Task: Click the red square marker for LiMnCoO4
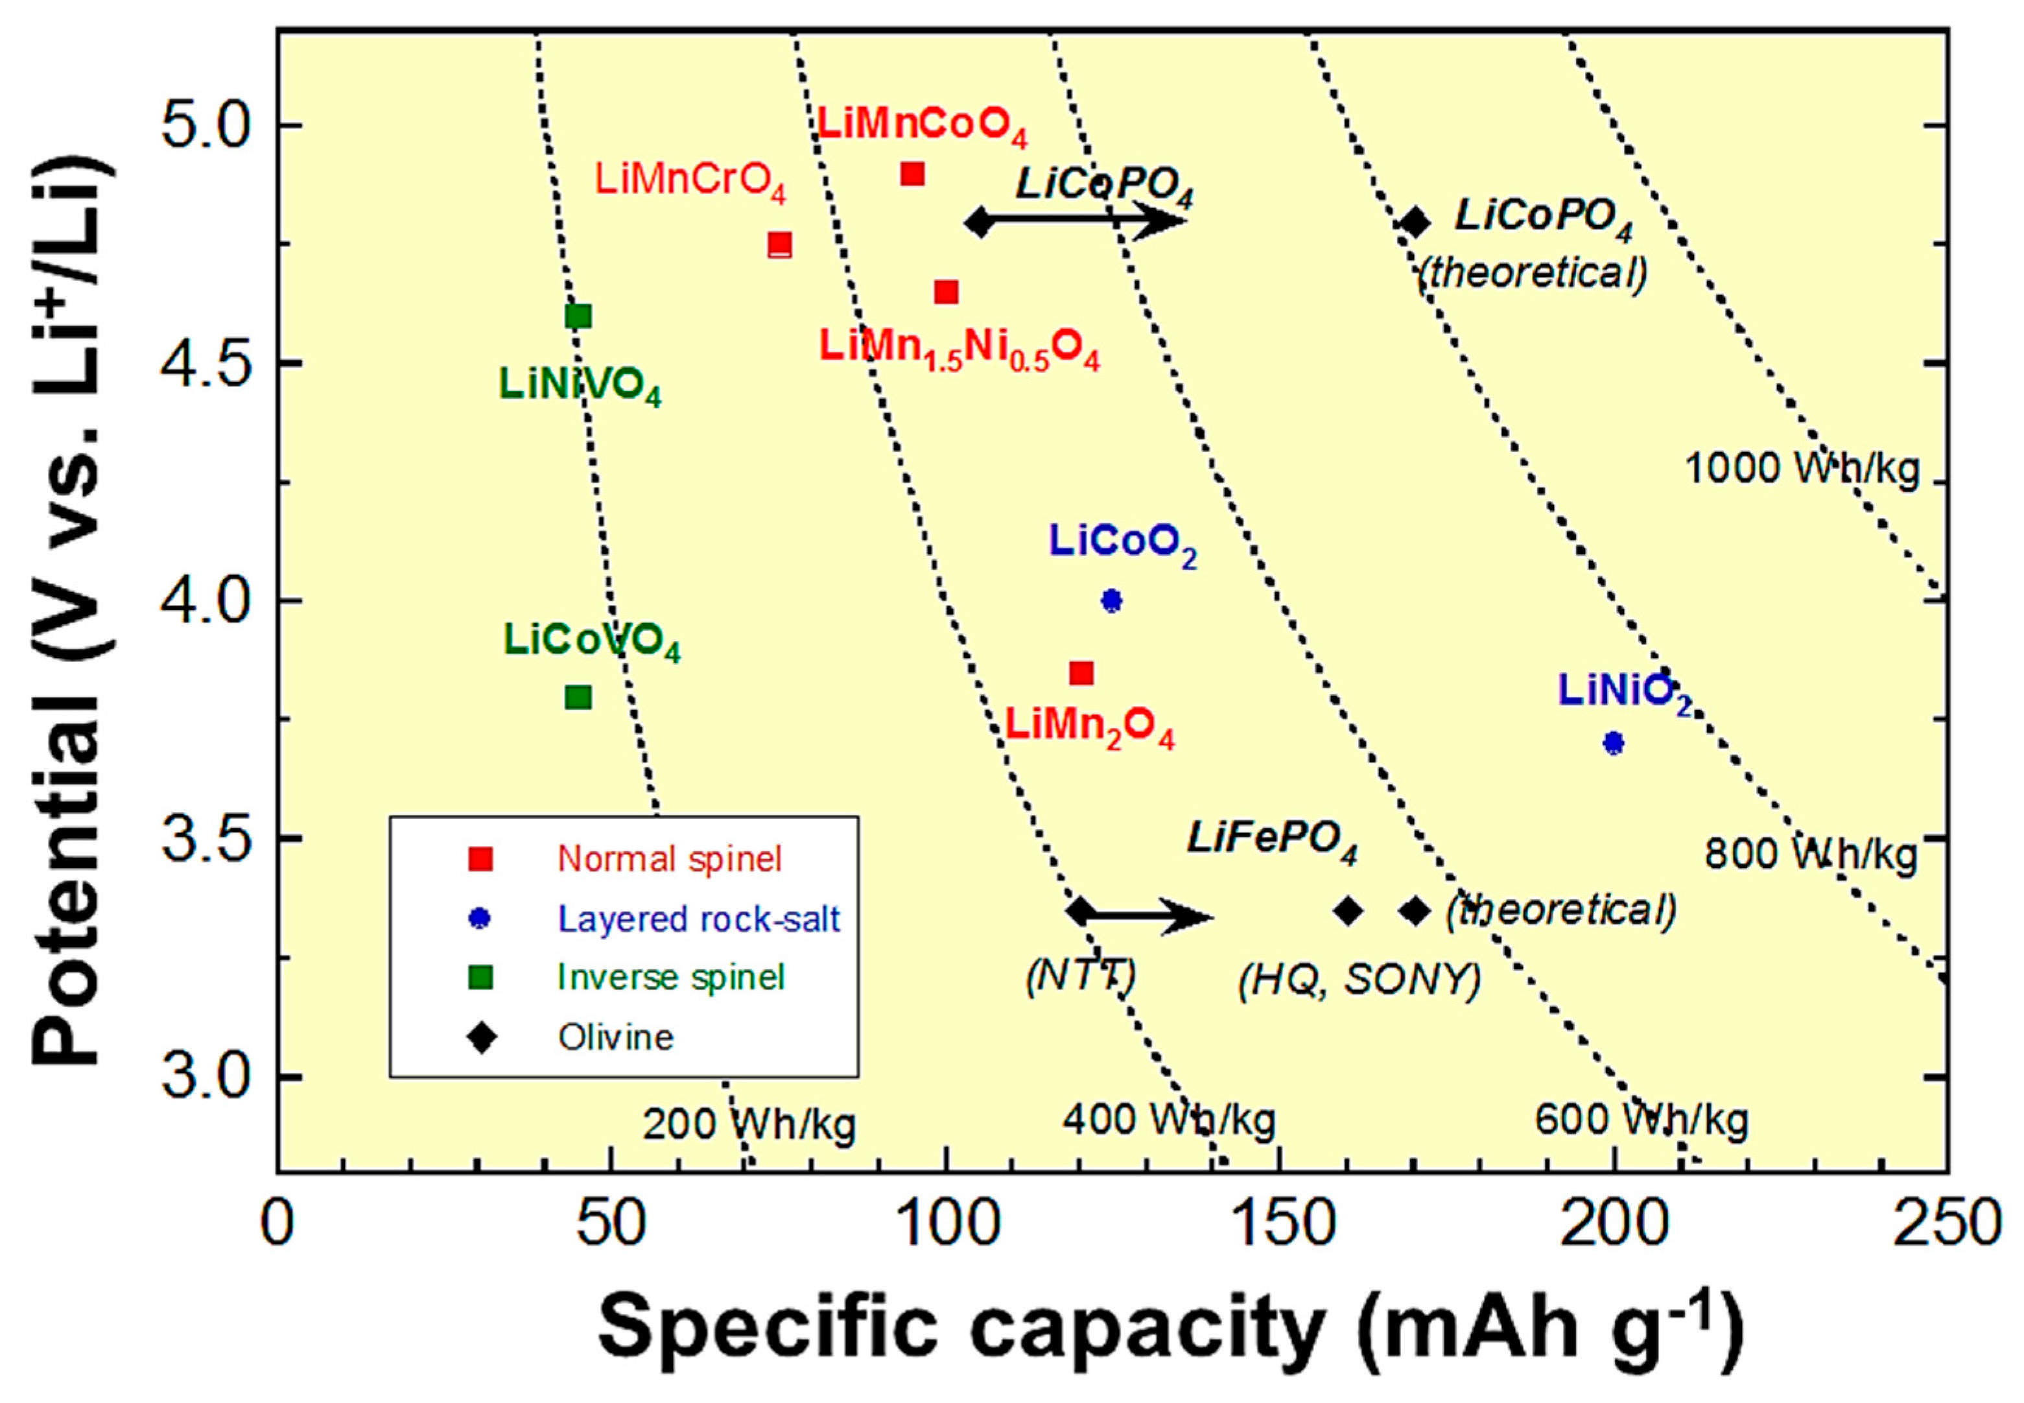(912, 174)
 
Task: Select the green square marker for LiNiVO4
(578, 316)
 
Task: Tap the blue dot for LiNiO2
(1613, 743)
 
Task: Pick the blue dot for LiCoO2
(1111, 601)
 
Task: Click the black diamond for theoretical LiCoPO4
(1414, 222)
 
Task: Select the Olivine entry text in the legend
(615, 1037)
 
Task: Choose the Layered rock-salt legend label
(699, 919)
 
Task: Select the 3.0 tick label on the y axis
(204, 1077)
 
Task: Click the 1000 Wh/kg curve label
(1802, 469)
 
